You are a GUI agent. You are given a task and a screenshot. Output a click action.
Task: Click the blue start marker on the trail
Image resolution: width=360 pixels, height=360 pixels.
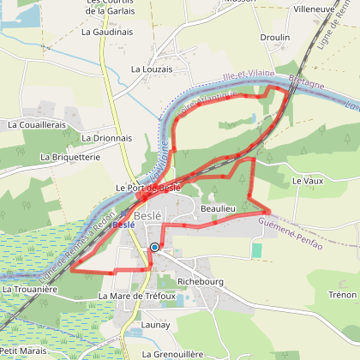(x=155, y=247)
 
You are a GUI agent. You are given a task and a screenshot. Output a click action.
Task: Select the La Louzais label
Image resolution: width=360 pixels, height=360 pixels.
(x=152, y=69)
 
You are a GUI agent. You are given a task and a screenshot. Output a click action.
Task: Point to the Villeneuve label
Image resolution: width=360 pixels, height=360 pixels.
(x=313, y=9)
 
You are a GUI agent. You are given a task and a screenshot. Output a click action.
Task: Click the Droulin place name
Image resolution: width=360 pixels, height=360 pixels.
(x=274, y=38)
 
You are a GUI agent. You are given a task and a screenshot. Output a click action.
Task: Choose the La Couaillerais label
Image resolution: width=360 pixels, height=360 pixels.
(x=37, y=124)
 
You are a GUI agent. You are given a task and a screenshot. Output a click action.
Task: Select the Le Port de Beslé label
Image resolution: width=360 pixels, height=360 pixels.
(x=147, y=188)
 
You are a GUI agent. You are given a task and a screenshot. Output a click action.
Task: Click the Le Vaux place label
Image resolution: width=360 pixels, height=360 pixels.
(x=307, y=182)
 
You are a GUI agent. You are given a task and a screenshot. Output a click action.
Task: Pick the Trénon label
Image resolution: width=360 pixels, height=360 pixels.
(x=342, y=295)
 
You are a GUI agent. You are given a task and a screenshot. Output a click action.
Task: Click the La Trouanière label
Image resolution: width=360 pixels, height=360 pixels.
(x=30, y=290)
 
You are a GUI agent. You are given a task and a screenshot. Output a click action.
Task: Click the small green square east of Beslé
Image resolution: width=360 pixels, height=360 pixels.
(x=256, y=249)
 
